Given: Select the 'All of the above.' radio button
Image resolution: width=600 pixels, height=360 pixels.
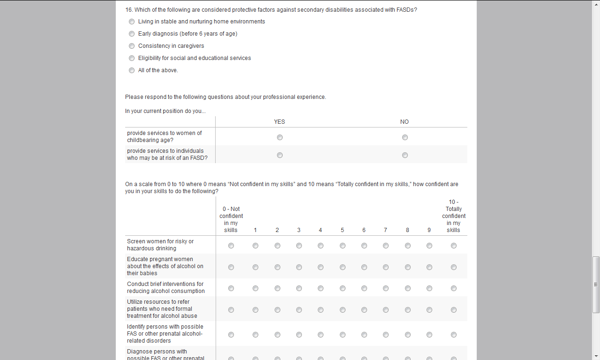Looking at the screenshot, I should point(132,70).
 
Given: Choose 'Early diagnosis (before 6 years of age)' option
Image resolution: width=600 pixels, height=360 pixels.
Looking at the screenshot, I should point(132,34).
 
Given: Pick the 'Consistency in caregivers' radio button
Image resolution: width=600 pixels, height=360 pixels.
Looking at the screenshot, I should point(132,46).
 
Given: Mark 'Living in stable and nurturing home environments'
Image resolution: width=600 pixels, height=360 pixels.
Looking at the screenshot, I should point(132,22).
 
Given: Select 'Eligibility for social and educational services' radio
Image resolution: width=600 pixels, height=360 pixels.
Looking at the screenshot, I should point(132,58).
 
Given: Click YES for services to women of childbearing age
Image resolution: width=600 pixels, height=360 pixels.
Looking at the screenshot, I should point(280,137).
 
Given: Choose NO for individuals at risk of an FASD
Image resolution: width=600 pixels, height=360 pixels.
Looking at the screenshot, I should point(405,155).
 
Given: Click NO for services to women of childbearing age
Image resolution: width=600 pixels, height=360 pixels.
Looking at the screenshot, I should point(405,137).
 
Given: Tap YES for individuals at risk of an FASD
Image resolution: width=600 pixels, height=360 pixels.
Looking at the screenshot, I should point(280,155).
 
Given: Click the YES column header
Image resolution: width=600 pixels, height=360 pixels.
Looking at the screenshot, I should point(279,122).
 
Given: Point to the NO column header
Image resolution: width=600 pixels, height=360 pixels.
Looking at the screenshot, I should point(405,122).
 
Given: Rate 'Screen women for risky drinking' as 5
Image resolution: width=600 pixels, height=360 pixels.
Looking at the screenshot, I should point(343,246).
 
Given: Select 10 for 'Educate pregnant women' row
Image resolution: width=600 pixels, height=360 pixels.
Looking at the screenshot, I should point(454,267).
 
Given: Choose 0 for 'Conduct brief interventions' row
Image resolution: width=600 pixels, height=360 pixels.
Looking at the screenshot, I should point(231,288).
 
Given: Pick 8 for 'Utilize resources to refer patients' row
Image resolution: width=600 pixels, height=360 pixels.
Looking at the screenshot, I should point(408,310).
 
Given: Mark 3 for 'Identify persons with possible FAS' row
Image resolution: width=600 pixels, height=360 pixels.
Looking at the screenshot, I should point(299,335).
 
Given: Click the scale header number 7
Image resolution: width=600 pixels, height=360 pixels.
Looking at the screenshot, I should point(385,230).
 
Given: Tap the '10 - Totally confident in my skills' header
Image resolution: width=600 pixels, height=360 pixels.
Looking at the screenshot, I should point(454,216).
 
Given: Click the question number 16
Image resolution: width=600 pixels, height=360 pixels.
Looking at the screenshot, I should point(129,9).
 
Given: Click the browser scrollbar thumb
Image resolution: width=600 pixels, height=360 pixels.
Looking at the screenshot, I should point(596,284).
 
